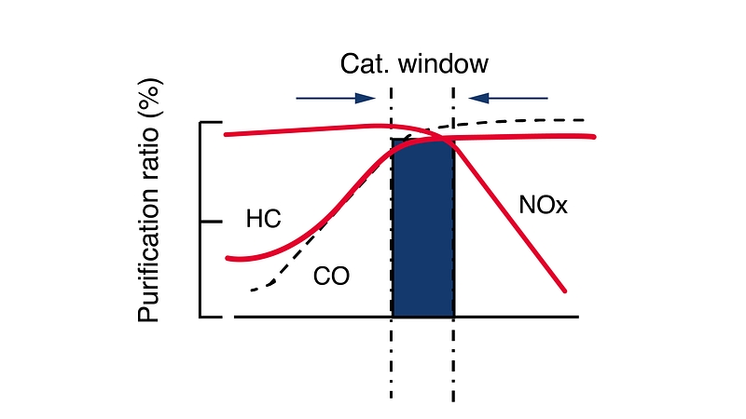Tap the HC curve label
coord(264,220)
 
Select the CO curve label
coord(331,277)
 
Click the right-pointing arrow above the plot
coord(335,96)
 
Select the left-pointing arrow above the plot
coord(508,96)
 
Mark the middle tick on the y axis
coord(212,222)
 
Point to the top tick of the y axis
coord(212,122)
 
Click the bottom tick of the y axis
coord(212,317)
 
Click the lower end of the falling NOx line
coord(564,291)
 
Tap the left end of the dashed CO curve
coord(253,291)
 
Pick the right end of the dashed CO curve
coord(584,120)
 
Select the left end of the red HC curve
coord(228,257)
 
